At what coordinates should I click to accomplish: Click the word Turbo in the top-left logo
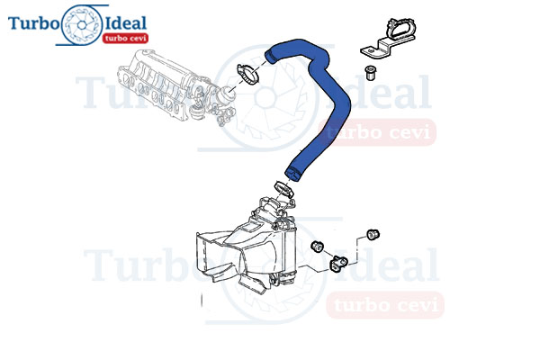pyautogui.click(x=33, y=23)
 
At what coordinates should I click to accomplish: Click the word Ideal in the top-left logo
pyautogui.click(x=125, y=23)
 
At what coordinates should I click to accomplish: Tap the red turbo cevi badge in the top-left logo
pyautogui.click(x=125, y=38)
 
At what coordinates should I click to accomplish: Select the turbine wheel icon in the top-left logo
pyautogui.click(x=82, y=25)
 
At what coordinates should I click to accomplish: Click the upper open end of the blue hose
pyautogui.click(x=269, y=57)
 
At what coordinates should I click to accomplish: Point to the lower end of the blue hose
pyautogui.click(x=292, y=174)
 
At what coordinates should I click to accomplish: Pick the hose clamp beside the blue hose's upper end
pyautogui.click(x=248, y=74)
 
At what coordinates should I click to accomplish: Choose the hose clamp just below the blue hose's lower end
pyautogui.click(x=283, y=189)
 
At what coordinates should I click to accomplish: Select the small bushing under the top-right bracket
pyautogui.click(x=370, y=72)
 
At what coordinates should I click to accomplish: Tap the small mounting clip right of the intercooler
pyautogui.click(x=338, y=263)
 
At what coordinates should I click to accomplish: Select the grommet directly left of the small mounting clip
pyautogui.click(x=317, y=246)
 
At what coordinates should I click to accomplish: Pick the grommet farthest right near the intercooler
pyautogui.click(x=373, y=234)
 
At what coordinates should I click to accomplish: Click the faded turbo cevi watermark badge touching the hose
pyautogui.click(x=377, y=132)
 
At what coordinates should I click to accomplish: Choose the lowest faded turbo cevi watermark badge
pyautogui.click(x=385, y=305)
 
